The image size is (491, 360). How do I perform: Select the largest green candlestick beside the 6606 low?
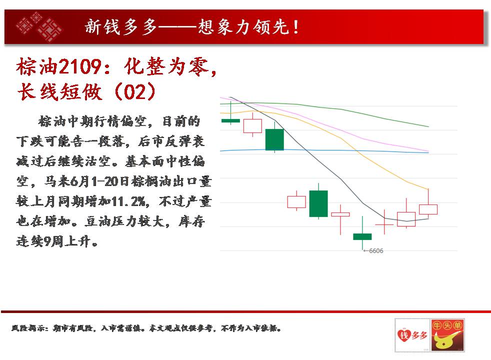(x=318, y=203)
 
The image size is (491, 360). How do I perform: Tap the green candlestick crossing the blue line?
(x=274, y=139)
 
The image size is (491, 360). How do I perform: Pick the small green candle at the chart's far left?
(x=231, y=120)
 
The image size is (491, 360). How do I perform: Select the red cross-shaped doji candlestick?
(x=384, y=224)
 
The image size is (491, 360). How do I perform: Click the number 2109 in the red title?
(x=80, y=66)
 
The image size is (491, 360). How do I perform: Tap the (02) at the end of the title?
(x=135, y=91)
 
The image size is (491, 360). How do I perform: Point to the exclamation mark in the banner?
(x=295, y=27)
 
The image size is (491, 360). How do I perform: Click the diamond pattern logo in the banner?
(x=39, y=27)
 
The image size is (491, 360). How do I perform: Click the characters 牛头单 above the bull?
(x=447, y=325)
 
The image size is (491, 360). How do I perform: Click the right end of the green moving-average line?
(x=428, y=127)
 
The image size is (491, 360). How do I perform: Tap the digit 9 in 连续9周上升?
(x=46, y=241)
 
